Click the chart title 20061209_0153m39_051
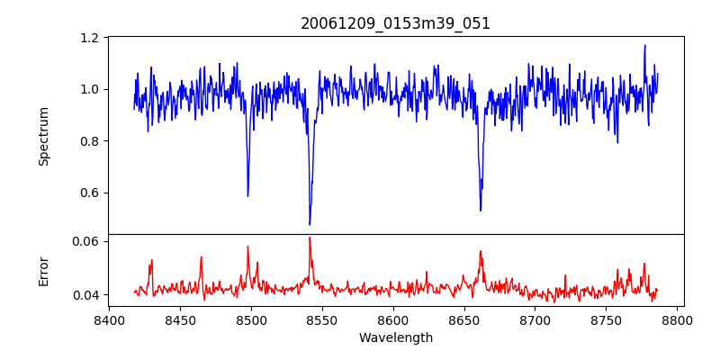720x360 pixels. point(395,23)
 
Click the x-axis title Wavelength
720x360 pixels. point(395,338)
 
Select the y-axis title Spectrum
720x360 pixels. point(43,136)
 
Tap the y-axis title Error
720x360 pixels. point(43,271)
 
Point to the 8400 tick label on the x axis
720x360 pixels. point(109,319)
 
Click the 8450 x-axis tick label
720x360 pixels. point(180,319)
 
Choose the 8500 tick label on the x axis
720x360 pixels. point(251,319)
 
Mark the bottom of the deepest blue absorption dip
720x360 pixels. point(310,224)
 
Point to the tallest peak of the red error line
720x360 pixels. point(310,238)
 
